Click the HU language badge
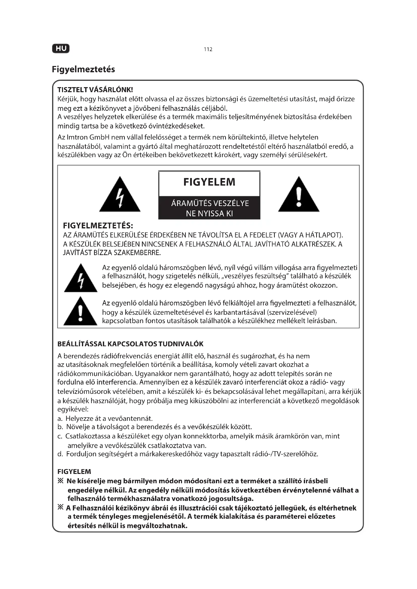tap(61, 49)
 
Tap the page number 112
tap(208, 49)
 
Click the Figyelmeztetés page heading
tap(83, 69)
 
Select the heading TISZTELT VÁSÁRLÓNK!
tap(95, 90)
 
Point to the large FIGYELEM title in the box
tap(209, 182)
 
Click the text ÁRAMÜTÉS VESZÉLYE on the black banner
tap(210, 203)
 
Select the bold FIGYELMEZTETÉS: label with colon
tap(98, 226)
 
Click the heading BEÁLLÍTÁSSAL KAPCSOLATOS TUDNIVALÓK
tap(130, 344)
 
